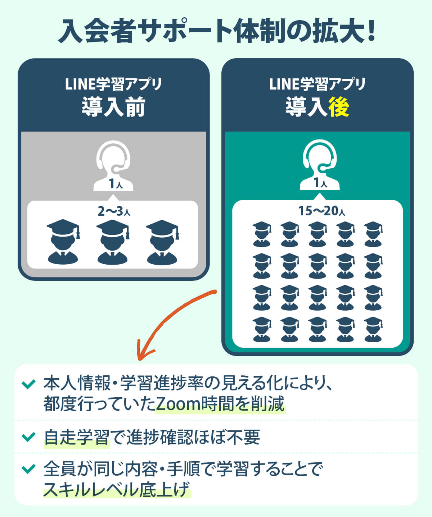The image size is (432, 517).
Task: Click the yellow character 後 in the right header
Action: [x=339, y=107]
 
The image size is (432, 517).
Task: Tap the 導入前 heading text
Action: [x=113, y=107]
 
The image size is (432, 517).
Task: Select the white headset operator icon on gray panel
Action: [x=113, y=166]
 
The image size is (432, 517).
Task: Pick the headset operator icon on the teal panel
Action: [x=320, y=165]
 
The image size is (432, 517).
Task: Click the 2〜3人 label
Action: [x=113, y=211]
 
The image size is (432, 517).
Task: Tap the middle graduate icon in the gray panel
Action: [x=112, y=242]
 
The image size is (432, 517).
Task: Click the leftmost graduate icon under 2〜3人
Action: [x=63, y=242]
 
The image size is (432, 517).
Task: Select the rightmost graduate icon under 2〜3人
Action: [x=162, y=242]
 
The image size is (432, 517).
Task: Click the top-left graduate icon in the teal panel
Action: [x=262, y=234]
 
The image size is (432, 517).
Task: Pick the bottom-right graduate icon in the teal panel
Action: [x=373, y=329]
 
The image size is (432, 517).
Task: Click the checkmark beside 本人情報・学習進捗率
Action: [x=28, y=384]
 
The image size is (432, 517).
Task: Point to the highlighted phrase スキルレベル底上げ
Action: [x=116, y=489]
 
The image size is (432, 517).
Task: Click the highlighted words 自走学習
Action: [x=76, y=438]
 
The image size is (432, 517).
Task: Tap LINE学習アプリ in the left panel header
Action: [x=113, y=84]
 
